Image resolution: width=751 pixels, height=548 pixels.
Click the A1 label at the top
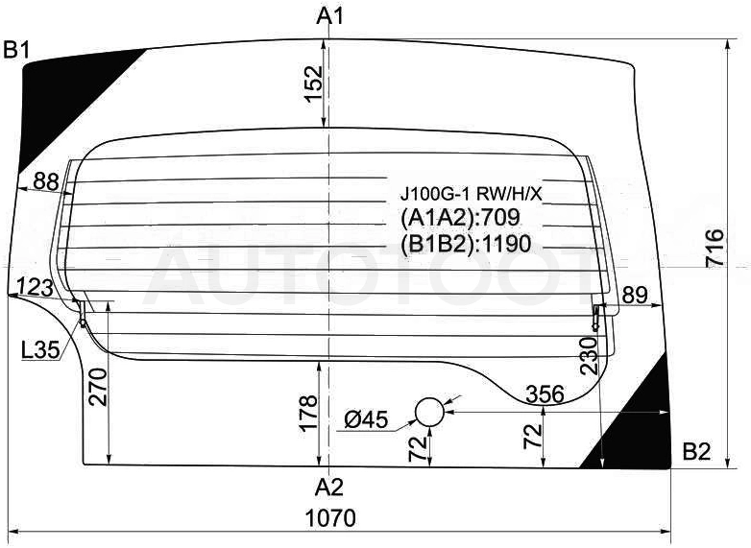coord(330,16)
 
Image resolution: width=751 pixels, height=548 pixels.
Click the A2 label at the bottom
coord(329,488)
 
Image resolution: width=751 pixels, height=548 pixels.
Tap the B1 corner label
coord(16,50)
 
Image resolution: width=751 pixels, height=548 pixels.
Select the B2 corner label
coord(697,451)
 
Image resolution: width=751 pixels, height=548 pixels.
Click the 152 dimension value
coord(314,83)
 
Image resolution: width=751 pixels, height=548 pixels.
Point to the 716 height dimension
coord(715,248)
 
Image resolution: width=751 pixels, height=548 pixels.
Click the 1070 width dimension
coord(331,518)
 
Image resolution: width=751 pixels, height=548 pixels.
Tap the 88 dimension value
coord(46,181)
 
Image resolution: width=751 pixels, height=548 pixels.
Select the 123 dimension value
coord(35,288)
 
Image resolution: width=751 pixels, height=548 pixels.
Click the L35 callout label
coord(40,350)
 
